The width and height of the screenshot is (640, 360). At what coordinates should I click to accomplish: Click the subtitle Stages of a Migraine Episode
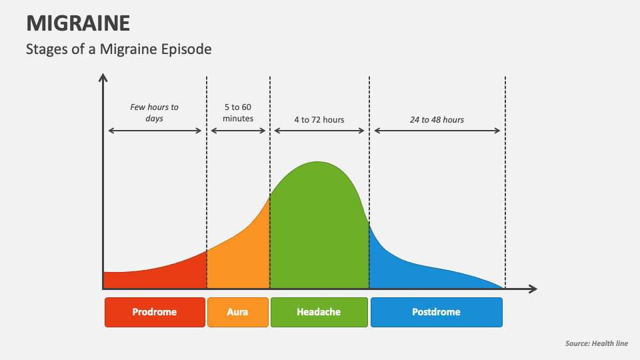pos(119,49)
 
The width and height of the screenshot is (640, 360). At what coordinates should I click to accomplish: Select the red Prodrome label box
pos(155,312)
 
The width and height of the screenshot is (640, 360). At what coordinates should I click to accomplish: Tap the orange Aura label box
pos(238,312)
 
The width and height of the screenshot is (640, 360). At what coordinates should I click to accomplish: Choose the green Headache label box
pos(319,312)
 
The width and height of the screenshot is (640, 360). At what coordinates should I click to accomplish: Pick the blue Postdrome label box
pos(436,312)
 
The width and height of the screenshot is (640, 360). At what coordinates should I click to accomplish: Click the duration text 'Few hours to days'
pos(155,113)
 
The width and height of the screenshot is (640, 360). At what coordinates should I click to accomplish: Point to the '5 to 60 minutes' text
pos(238,113)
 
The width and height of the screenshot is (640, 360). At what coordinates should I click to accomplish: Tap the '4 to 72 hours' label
pos(319,120)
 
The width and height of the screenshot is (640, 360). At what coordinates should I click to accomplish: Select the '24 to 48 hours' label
pos(437,120)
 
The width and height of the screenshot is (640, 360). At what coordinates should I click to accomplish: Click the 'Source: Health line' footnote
pos(596,344)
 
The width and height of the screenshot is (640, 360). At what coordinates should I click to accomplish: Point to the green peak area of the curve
pos(319,227)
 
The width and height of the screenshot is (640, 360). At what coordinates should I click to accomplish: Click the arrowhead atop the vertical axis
pos(103,77)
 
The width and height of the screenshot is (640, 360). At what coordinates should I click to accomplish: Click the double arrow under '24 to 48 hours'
pos(437,131)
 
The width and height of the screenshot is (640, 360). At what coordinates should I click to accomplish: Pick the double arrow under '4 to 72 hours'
pos(319,131)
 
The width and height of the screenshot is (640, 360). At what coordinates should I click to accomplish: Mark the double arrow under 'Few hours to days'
pos(155,131)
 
